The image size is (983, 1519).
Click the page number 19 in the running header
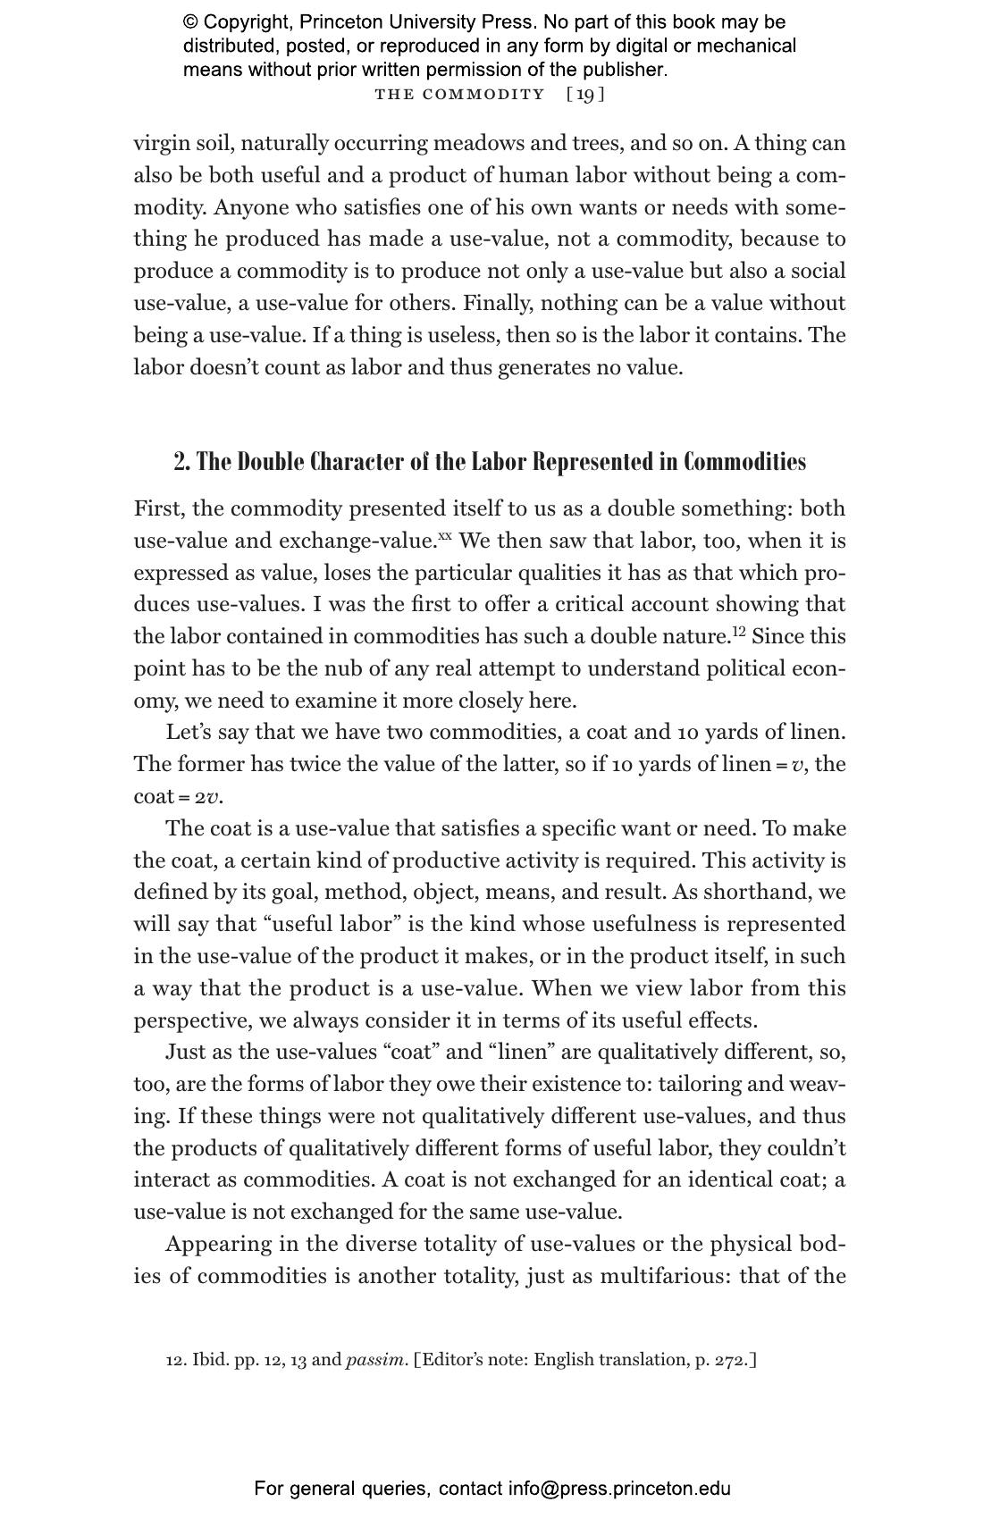click(585, 95)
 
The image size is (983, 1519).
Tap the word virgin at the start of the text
click(161, 144)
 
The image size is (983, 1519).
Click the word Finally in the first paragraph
click(494, 303)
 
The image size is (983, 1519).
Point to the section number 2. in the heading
click(182, 462)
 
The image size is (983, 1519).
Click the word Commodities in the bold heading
click(745, 462)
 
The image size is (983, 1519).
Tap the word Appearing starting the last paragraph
click(214, 1244)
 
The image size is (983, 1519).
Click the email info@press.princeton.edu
click(619, 1489)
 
